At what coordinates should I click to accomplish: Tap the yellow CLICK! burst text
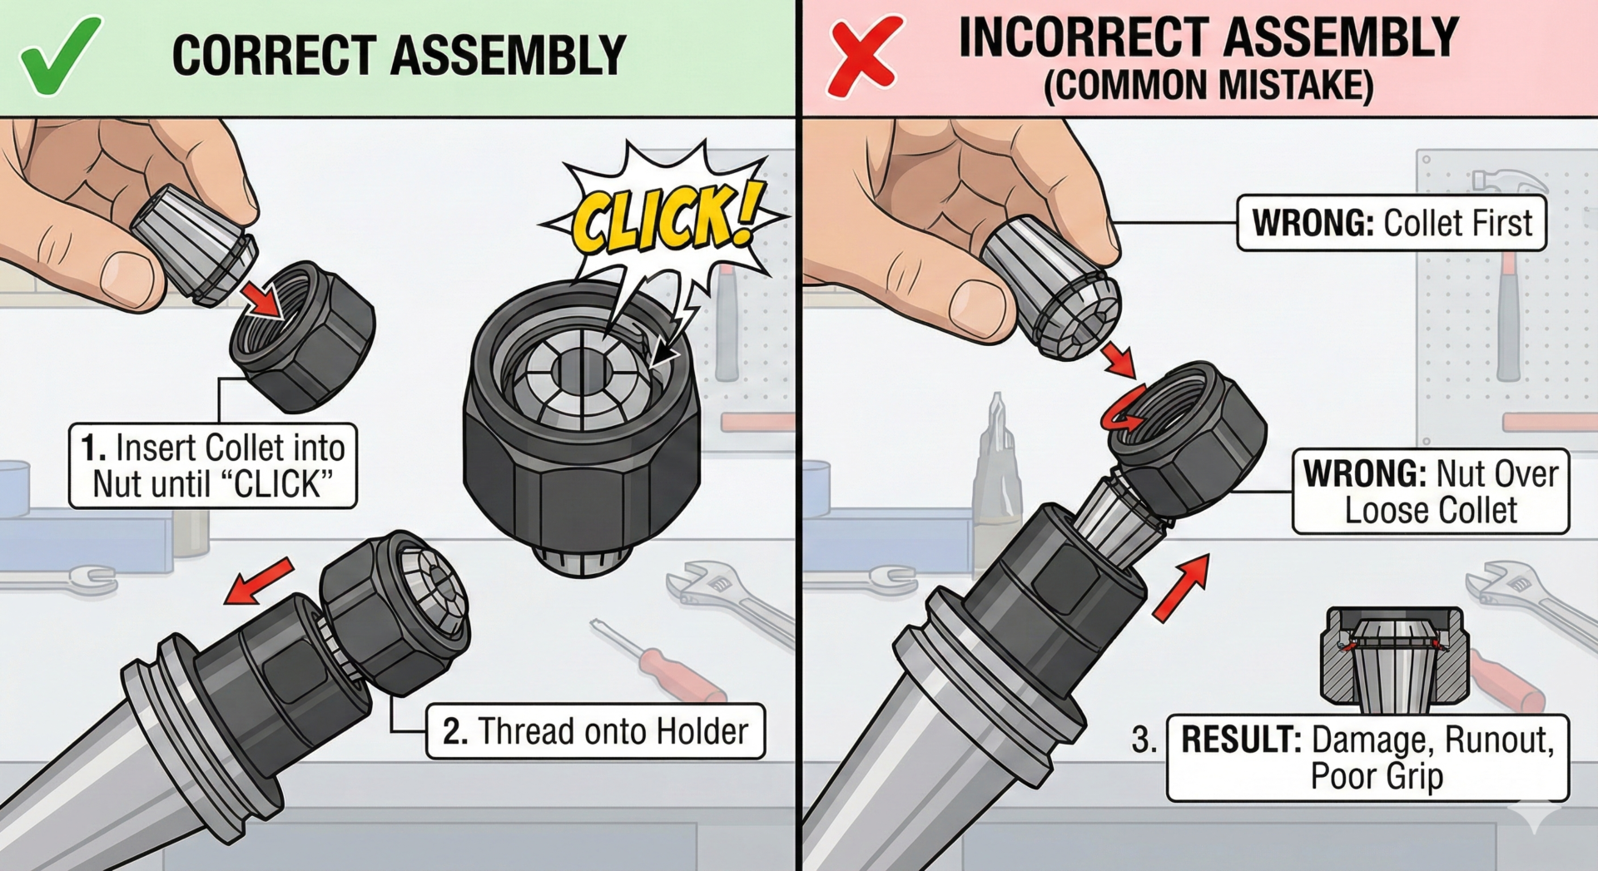click(666, 218)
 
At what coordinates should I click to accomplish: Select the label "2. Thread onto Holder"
click(595, 731)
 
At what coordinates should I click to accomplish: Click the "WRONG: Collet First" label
click(1392, 223)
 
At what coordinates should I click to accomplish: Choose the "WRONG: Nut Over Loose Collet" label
click(1430, 492)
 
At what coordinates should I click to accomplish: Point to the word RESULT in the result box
click(1241, 740)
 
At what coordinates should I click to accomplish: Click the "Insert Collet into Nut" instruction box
click(213, 466)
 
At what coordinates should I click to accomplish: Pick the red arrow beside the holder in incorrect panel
click(1182, 588)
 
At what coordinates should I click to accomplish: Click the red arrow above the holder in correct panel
click(259, 580)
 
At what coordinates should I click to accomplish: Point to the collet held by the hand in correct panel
click(196, 242)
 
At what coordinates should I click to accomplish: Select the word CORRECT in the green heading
click(274, 56)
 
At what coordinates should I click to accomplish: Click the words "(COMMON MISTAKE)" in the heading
click(1208, 86)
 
